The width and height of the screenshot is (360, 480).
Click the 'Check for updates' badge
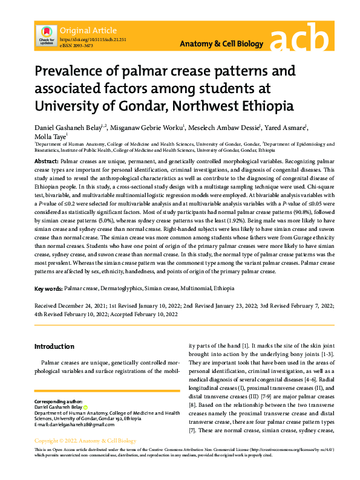46,35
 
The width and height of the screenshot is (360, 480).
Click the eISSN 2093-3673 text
76,45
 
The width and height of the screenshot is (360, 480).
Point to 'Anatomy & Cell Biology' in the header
222,44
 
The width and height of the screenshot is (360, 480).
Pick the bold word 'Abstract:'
47,163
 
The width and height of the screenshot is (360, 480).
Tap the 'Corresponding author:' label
57,401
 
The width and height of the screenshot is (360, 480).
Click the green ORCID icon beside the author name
85,407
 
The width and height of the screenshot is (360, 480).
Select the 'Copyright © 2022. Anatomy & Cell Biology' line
83,440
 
